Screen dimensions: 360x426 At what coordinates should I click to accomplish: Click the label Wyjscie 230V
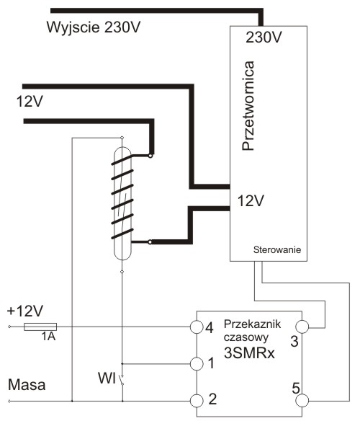(94, 27)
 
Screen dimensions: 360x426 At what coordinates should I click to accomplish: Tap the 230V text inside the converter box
(264, 37)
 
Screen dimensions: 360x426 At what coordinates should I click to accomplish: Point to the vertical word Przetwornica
(248, 106)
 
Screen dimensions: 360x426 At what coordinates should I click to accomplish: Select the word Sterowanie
(277, 249)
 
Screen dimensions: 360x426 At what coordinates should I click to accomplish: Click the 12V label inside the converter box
(251, 201)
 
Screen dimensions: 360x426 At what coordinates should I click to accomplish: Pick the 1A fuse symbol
(40, 327)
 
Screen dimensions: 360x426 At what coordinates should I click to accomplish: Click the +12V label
(24, 311)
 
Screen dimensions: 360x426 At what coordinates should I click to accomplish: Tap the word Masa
(27, 385)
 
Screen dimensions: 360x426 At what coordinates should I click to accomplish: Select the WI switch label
(107, 378)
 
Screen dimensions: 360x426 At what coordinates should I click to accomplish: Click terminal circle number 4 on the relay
(197, 327)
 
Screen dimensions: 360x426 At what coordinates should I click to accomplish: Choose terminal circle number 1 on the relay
(197, 363)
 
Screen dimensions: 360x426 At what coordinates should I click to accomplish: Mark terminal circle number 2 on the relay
(197, 401)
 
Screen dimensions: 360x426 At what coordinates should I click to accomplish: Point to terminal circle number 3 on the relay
(302, 327)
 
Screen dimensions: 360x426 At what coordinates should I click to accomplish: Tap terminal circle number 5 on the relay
(302, 401)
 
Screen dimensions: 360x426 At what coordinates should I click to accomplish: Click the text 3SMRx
(249, 353)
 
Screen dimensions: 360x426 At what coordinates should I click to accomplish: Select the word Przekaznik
(252, 324)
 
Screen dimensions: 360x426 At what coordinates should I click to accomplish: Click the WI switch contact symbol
(122, 380)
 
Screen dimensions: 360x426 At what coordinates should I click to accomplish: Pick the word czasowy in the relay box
(246, 338)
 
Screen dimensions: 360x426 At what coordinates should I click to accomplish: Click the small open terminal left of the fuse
(9, 327)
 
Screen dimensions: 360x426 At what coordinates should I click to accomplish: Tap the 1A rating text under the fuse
(48, 337)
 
